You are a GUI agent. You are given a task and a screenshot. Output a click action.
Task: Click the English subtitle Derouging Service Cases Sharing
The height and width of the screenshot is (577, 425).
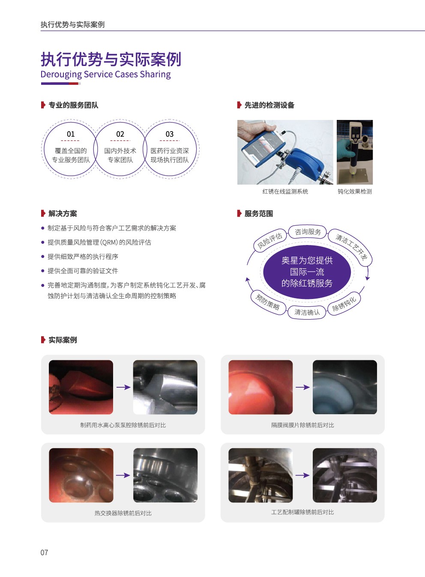pyautogui.click(x=105, y=75)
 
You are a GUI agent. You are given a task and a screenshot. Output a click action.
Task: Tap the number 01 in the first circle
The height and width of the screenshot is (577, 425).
pyautogui.click(x=71, y=134)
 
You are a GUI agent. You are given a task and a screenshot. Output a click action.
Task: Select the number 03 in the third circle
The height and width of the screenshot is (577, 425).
pyautogui.click(x=170, y=134)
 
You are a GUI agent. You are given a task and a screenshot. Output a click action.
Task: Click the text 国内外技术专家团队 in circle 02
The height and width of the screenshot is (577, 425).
pyautogui.click(x=120, y=155)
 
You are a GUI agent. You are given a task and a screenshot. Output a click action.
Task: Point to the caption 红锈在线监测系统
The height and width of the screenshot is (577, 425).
pyautogui.click(x=285, y=191)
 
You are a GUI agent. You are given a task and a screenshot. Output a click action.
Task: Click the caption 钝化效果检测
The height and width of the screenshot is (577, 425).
pyautogui.click(x=355, y=191)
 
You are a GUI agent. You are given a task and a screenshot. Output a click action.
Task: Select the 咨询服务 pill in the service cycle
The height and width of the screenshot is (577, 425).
pyautogui.click(x=308, y=232)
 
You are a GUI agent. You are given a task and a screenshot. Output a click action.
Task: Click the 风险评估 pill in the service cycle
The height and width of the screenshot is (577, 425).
pyautogui.click(x=270, y=240)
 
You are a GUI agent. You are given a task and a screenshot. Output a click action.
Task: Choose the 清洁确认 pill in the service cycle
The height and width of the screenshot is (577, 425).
pyautogui.click(x=307, y=312)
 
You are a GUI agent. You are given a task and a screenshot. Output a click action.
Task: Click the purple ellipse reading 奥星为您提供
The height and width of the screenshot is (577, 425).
pyautogui.click(x=307, y=272)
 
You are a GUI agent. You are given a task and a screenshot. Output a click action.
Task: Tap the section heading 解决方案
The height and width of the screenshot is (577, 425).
pyautogui.click(x=63, y=214)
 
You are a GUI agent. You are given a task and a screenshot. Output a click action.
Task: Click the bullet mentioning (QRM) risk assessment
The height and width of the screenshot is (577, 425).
pyautogui.click(x=99, y=242)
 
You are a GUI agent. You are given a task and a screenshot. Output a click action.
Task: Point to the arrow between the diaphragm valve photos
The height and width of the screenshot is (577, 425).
pyautogui.click(x=302, y=387)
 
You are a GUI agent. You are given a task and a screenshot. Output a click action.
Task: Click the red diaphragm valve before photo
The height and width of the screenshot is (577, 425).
pyautogui.click(x=260, y=387)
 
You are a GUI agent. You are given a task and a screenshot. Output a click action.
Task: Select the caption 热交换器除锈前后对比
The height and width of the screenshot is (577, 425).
pyautogui.click(x=123, y=513)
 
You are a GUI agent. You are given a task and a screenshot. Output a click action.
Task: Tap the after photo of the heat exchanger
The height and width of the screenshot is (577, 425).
pyautogui.click(x=165, y=475)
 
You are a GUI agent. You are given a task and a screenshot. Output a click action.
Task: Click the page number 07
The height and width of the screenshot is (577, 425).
pyautogui.click(x=44, y=552)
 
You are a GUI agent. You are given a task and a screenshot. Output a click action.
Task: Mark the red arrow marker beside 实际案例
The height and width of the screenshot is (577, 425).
pyautogui.click(x=43, y=340)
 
